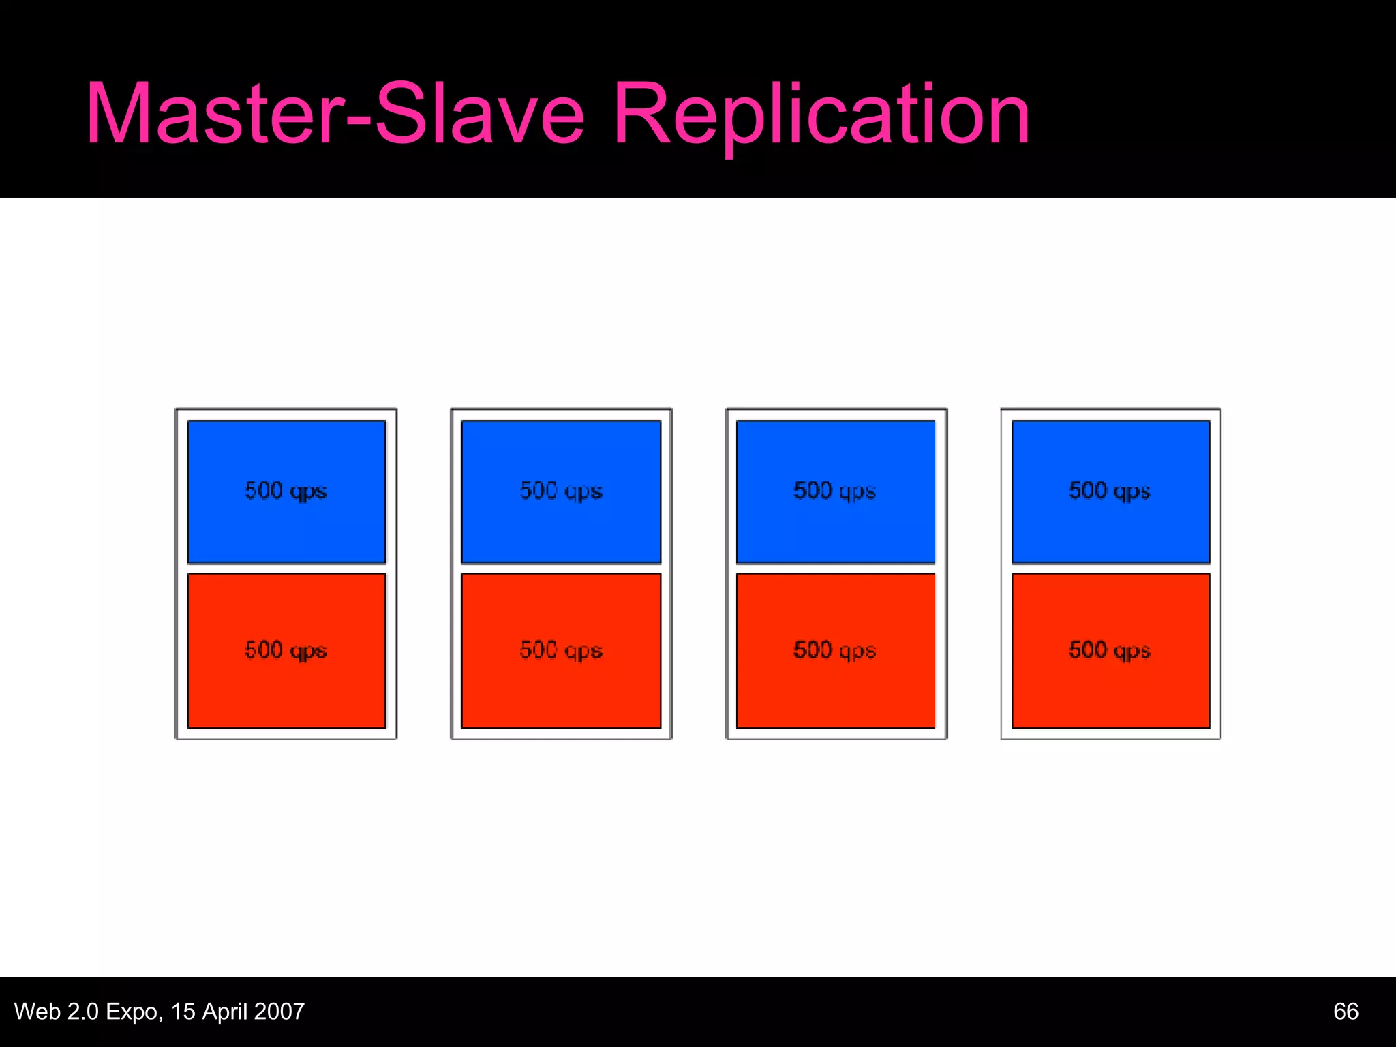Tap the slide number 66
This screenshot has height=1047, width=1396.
(1346, 1012)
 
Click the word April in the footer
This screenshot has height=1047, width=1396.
(224, 1012)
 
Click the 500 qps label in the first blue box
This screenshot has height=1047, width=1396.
(286, 491)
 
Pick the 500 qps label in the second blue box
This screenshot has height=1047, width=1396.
(561, 491)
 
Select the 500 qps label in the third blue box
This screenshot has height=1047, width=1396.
(835, 491)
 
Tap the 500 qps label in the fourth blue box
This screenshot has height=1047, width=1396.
(1110, 491)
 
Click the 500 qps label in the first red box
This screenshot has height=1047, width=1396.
(286, 650)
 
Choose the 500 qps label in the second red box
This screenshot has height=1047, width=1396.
(561, 650)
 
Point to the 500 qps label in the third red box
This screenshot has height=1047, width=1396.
(835, 650)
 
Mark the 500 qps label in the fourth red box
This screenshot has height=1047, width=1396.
(1110, 650)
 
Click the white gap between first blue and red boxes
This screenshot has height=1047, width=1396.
(286, 568)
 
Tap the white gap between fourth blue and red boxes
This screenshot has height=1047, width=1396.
(1110, 568)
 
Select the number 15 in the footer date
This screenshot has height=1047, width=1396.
(183, 1012)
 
